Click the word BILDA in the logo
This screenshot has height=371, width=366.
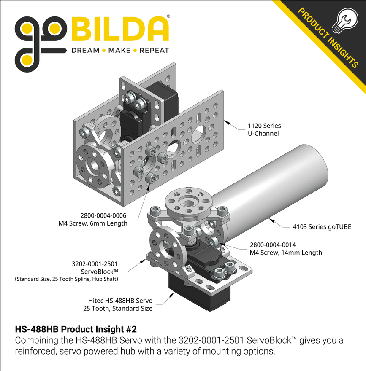120,30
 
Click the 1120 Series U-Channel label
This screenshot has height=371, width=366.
264,129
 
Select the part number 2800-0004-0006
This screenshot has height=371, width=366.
103,215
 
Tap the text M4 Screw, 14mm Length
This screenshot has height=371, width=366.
286,253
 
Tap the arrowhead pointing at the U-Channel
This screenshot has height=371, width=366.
227,123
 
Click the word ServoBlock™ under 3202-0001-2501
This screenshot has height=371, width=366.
99,272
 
